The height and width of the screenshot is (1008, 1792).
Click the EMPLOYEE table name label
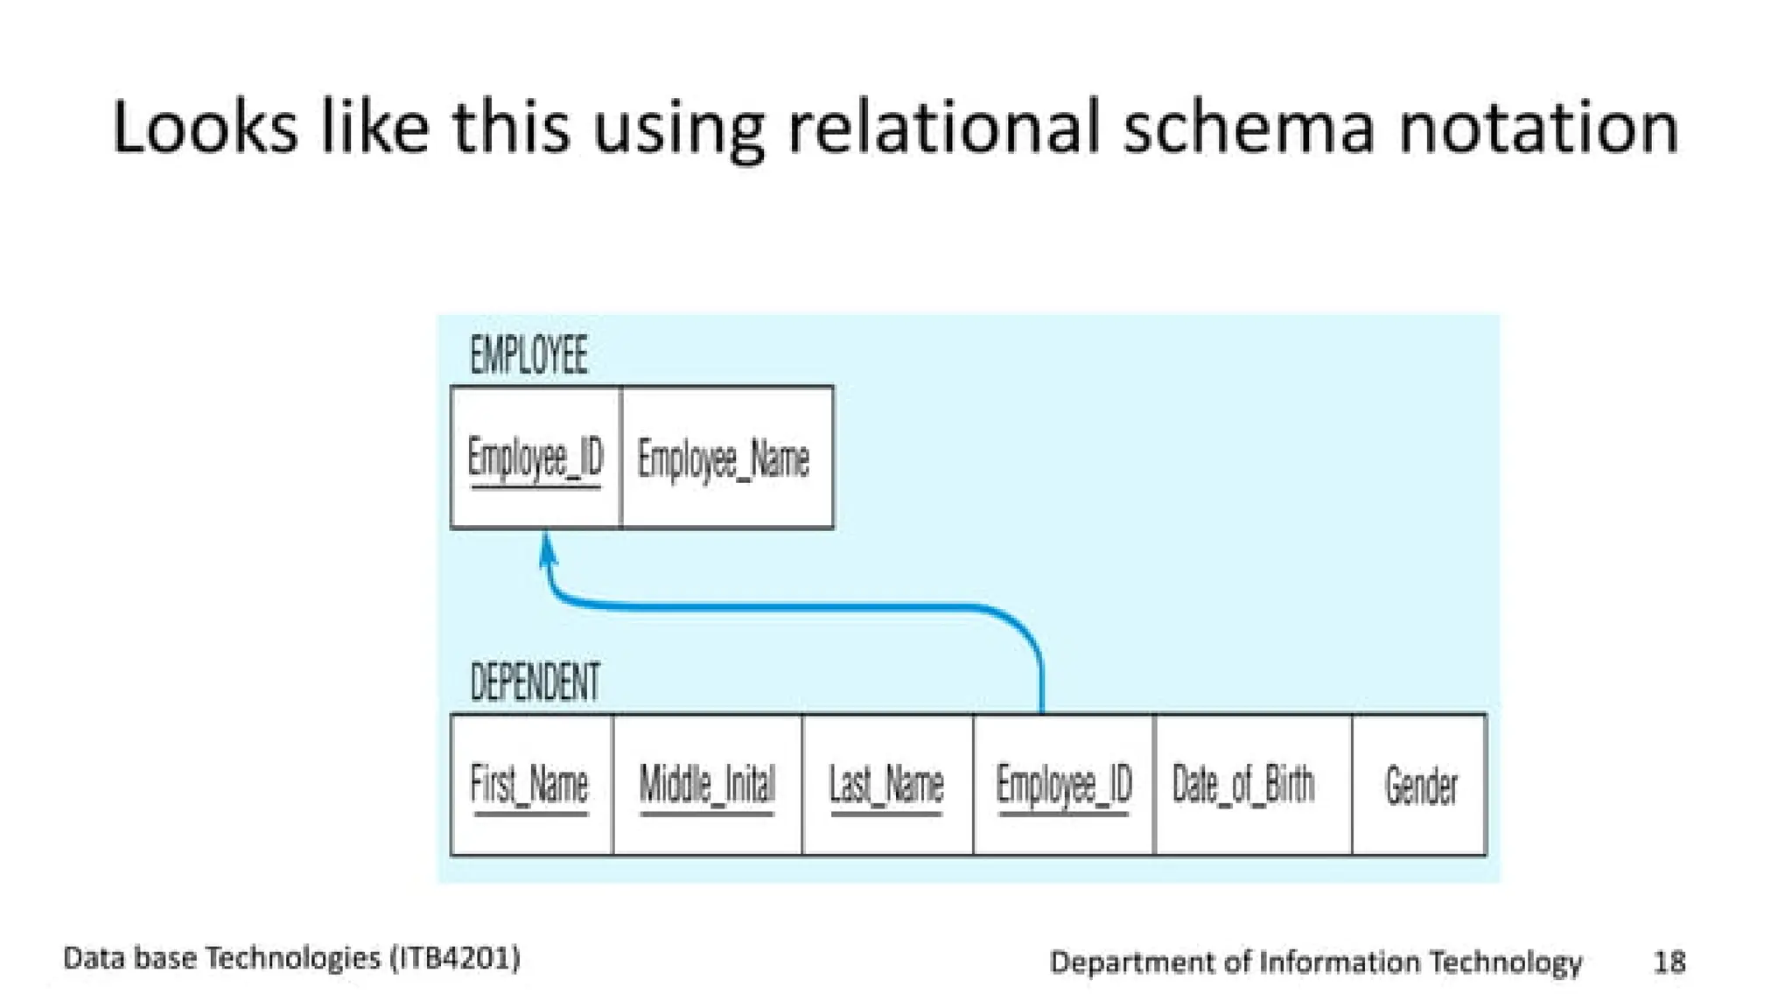point(528,355)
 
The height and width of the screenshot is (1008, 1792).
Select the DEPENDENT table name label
point(535,682)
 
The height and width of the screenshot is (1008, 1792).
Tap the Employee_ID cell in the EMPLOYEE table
point(535,458)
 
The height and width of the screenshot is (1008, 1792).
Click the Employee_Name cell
point(724,458)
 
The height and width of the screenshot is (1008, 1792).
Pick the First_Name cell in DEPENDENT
point(529,784)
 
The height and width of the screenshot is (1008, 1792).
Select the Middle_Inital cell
point(707,784)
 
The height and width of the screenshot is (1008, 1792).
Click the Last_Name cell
point(886,784)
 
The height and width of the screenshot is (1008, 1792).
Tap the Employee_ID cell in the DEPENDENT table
point(1064,784)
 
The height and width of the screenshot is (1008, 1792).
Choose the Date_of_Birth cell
point(1243,784)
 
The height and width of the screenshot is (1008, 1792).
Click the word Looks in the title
point(205,128)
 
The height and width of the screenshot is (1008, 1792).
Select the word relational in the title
point(944,128)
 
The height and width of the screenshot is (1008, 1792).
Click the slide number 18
point(1669,962)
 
